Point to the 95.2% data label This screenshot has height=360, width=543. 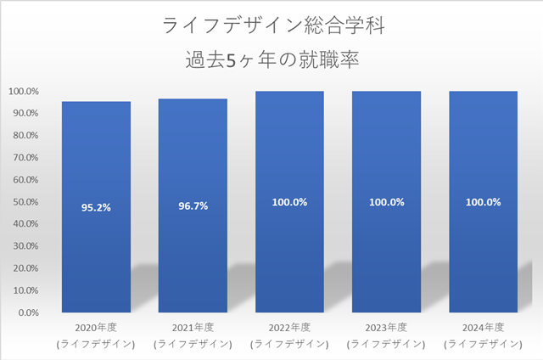96,205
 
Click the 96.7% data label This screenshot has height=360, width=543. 193,205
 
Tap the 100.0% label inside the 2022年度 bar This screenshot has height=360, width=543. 289,202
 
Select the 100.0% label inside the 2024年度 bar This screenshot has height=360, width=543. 483,202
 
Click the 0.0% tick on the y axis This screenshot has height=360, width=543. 26,312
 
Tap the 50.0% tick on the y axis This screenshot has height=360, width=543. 25,202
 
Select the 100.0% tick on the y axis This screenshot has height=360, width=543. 23,92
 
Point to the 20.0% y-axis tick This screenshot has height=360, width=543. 25,268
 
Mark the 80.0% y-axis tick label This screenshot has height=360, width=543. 25,136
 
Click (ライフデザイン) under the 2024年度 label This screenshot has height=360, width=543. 483,344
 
